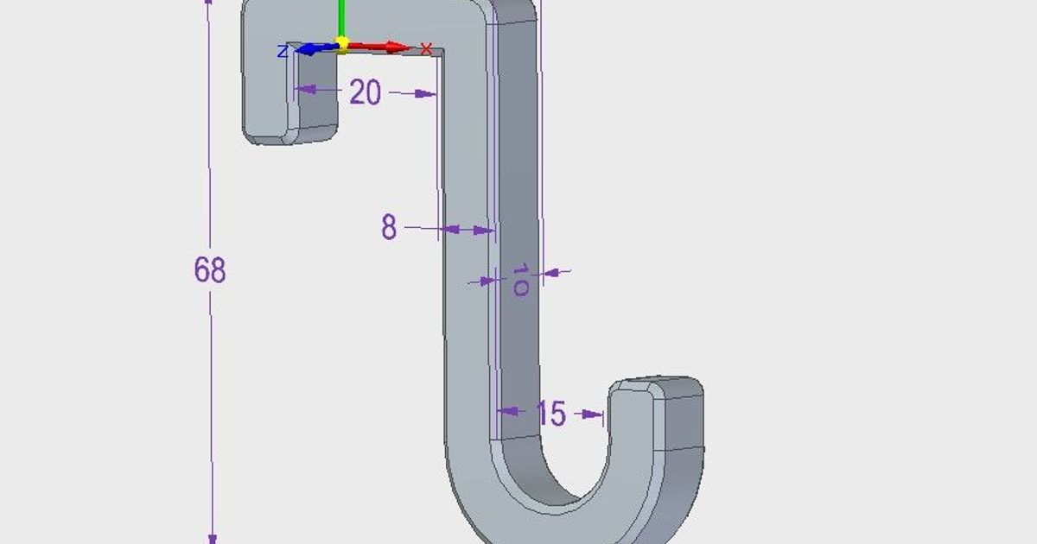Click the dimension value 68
(210, 270)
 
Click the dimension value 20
(365, 92)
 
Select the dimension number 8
(389, 228)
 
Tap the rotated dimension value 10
(520, 281)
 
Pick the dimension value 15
(550, 414)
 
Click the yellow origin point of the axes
(342, 42)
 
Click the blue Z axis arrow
(311, 49)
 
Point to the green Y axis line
(341, 17)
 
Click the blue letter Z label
(283, 52)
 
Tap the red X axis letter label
(425, 48)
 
